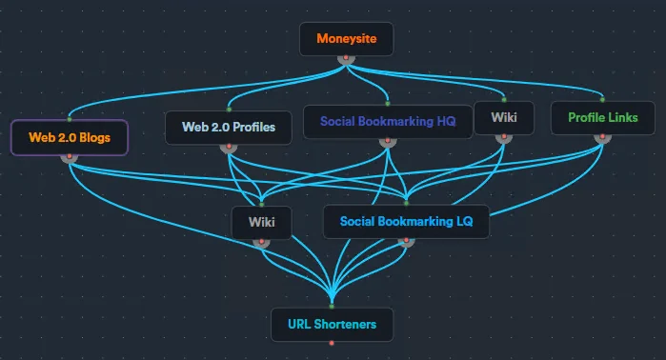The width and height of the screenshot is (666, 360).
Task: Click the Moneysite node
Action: tap(347, 39)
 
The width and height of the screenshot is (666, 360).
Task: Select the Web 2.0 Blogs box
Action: tap(69, 137)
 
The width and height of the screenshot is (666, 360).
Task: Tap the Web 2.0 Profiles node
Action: tap(229, 128)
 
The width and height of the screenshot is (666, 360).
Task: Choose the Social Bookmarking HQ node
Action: tap(388, 122)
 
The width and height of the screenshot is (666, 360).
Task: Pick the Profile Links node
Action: tap(602, 118)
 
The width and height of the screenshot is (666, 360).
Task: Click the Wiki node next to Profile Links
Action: tap(503, 118)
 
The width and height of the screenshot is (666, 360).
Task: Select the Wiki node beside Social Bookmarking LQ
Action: tap(262, 222)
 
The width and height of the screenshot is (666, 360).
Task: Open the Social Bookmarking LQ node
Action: tap(406, 222)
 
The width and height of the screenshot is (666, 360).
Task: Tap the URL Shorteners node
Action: tap(332, 324)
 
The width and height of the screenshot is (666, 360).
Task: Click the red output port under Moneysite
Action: tap(347, 58)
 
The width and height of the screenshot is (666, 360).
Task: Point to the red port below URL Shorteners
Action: tap(332, 342)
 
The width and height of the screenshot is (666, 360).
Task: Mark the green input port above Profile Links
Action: tap(602, 99)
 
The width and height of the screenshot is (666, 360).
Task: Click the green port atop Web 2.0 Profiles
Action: tap(229, 110)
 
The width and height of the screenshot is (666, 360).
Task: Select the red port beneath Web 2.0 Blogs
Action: tap(69, 156)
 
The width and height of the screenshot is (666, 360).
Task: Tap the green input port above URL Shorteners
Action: tap(332, 306)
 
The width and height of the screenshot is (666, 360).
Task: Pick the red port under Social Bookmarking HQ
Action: tap(388, 141)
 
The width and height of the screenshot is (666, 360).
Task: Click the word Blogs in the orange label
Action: tap(93, 137)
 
